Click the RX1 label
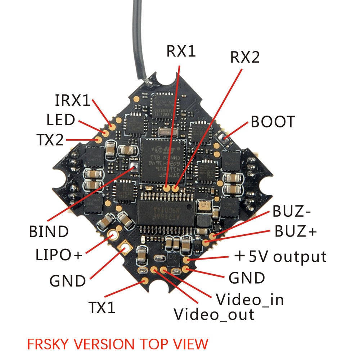181,51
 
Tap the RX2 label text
245,57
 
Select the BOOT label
273,122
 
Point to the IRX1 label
72,101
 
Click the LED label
60,120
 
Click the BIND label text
49,231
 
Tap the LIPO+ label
59,255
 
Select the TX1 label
102,307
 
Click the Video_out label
214,314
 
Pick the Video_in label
249,299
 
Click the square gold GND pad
125,247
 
